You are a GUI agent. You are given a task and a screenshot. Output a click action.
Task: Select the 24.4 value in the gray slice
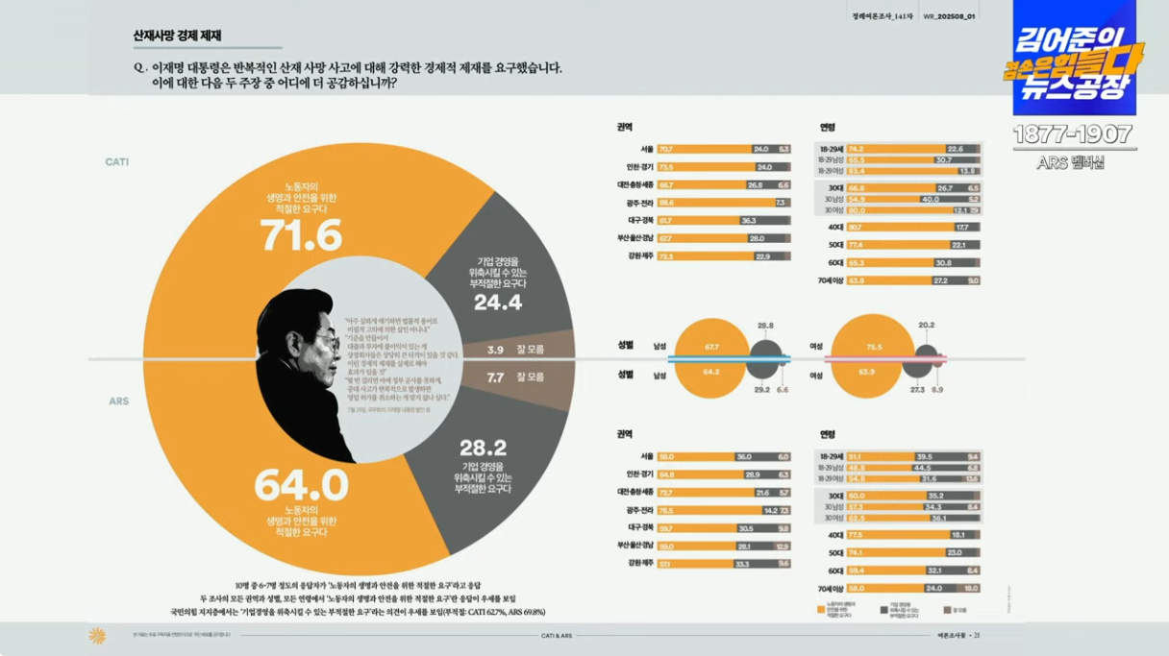498,303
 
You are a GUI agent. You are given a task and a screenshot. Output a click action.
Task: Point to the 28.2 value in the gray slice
483,448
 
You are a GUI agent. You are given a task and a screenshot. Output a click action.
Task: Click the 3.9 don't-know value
495,351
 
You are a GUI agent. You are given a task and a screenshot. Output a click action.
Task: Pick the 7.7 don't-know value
495,377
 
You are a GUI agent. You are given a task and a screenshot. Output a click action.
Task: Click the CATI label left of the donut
117,162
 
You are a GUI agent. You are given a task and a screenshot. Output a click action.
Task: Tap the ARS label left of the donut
117,401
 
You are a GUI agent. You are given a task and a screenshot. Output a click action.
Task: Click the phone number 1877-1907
1073,134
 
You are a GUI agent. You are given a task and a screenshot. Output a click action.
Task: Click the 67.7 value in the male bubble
711,346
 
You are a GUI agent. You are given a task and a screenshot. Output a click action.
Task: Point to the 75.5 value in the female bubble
874,346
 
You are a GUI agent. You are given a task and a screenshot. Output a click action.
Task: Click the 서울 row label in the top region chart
646,149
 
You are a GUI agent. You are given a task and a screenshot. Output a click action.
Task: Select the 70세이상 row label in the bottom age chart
829,588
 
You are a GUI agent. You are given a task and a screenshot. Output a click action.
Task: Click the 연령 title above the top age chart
828,127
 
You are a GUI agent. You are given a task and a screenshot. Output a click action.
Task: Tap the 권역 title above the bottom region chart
625,434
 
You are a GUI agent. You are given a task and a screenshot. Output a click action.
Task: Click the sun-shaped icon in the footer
97,635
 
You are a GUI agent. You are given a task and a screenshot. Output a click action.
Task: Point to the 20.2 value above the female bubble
926,325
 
